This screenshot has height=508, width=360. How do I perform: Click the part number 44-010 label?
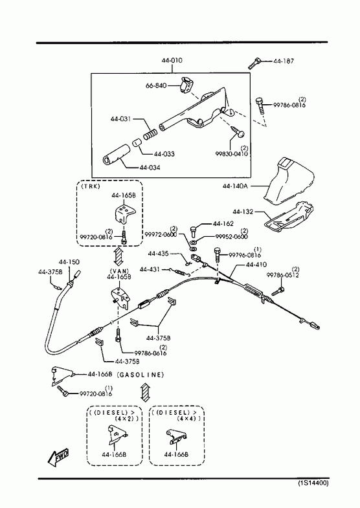(172, 60)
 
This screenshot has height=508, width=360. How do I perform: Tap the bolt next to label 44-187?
(254, 63)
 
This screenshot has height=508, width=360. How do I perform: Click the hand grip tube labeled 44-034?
(117, 155)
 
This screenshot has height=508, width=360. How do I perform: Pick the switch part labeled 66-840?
(187, 85)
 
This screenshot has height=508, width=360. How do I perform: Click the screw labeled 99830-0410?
(239, 131)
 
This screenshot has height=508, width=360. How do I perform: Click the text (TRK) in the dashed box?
(91, 186)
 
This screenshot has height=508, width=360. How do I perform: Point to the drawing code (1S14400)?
(313, 483)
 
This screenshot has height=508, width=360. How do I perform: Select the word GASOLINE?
(141, 375)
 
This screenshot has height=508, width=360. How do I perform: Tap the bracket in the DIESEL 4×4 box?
(176, 436)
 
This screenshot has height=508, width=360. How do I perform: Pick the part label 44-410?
(256, 265)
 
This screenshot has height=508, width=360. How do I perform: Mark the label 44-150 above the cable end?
(69, 262)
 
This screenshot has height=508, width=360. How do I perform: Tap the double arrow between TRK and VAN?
(118, 256)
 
